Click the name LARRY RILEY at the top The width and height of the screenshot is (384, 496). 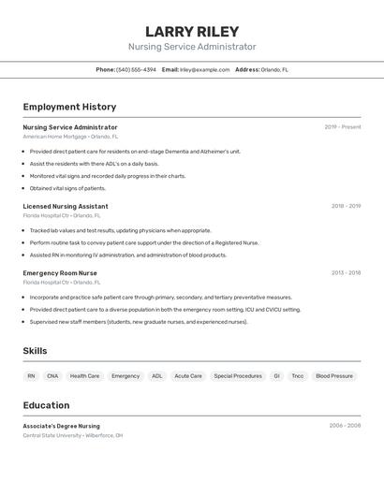tap(192, 32)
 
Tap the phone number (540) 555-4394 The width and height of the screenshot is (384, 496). tap(136, 69)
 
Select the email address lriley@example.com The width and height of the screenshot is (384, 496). tap(204, 69)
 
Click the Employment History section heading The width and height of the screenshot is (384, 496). tap(69, 107)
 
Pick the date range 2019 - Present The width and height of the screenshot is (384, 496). tap(343, 127)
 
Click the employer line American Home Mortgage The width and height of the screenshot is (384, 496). tap(70, 137)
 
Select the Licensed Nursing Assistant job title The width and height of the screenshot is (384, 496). tap(66, 206)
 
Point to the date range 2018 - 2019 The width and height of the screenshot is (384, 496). tap(346, 206)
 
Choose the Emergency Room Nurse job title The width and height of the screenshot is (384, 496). tap(60, 272)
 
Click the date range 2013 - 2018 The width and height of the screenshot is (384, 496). tap(346, 272)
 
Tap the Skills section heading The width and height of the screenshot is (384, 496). tap(36, 351)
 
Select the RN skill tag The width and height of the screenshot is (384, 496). tap(31, 376)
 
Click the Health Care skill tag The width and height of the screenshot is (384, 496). tap(84, 376)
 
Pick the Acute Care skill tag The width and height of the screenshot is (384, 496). tap(188, 376)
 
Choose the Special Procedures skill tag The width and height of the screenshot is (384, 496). tap(238, 376)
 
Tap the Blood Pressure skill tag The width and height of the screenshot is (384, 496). tap(334, 376)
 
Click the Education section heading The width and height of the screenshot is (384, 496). tap(46, 405)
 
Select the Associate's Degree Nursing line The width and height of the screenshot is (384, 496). tap(62, 426)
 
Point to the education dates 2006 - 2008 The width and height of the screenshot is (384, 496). tap(345, 426)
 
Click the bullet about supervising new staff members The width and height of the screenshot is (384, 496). tap(139, 322)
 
